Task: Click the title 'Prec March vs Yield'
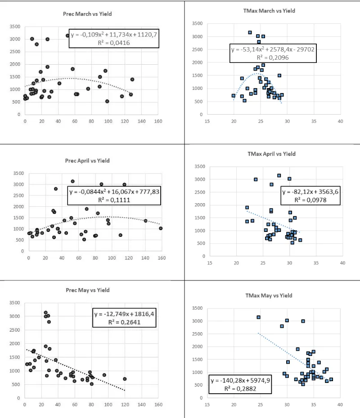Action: (x=87, y=14)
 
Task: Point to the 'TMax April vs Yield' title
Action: (x=271, y=154)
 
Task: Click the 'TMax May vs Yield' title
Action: (x=269, y=295)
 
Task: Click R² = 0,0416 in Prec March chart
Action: (x=114, y=43)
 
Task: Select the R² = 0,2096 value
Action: (x=272, y=58)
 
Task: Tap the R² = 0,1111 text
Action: (x=114, y=200)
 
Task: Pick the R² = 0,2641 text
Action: (x=124, y=322)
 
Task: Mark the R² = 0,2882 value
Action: (x=241, y=388)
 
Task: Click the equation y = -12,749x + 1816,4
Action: (x=124, y=314)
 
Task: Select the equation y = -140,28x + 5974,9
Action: (x=241, y=380)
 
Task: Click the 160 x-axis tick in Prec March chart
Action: (x=158, y=122)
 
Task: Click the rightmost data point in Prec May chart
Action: (x=125, y=379)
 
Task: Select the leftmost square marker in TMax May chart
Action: (x=259, y=317)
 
